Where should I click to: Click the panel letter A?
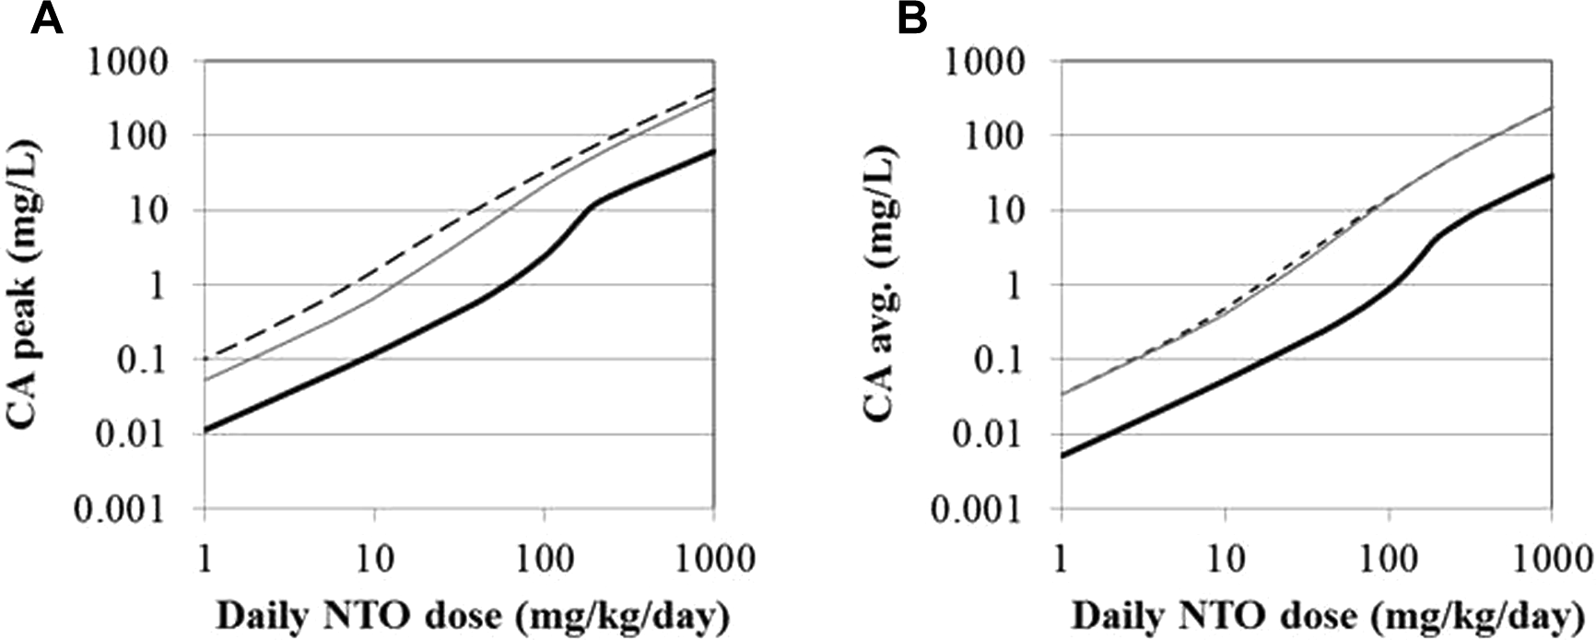pos(46,18)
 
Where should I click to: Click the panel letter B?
pos(912,18)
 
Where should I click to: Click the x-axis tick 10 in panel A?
pos(374,559)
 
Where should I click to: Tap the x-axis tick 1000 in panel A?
pos(713,559)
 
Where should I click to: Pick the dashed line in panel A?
pos(374,273)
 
